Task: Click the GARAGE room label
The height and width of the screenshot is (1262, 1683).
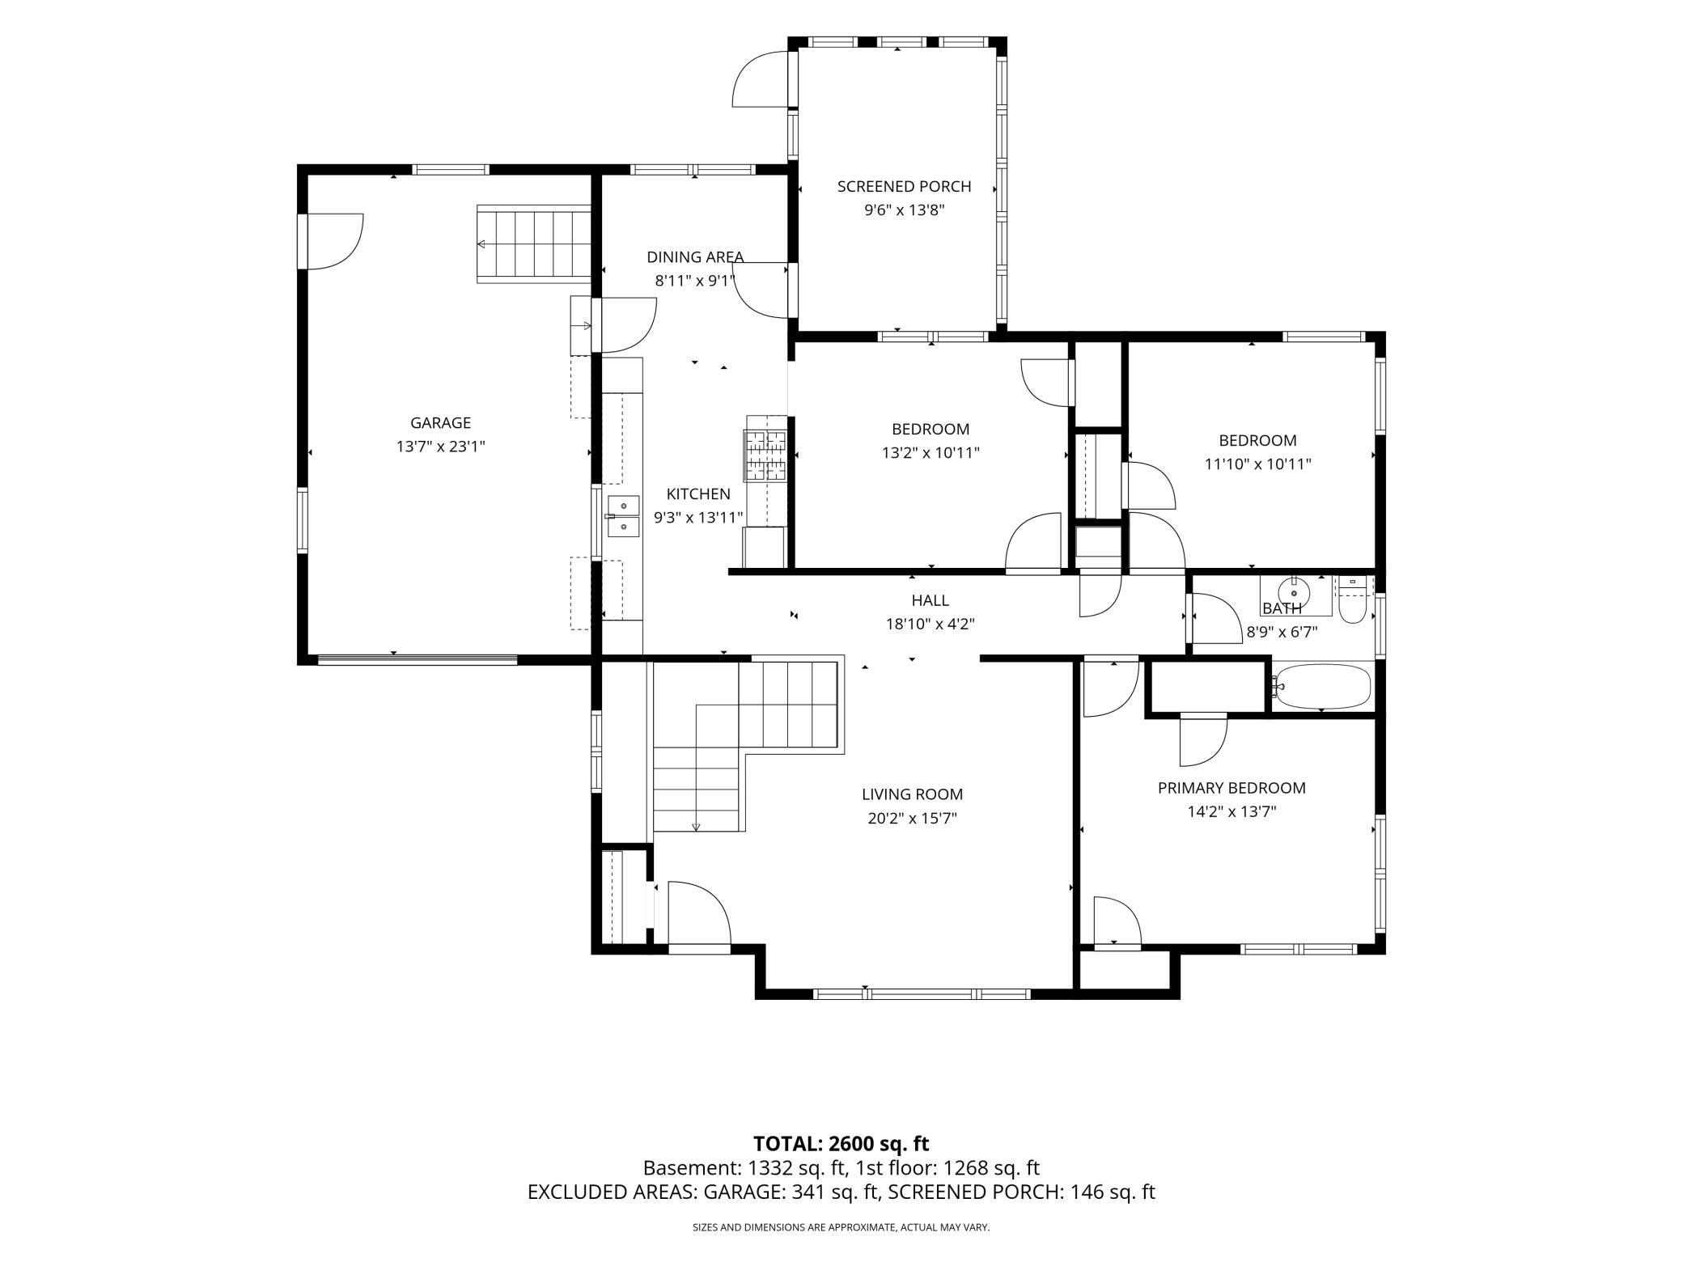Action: tap(440, 422)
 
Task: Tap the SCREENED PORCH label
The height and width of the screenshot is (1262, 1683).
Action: tap(904, 186)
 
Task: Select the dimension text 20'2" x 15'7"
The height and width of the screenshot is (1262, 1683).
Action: tap(912, 818)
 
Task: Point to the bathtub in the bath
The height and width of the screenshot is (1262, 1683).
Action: tap(1321, 687)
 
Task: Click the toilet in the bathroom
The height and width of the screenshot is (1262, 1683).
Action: tap(1352, 599)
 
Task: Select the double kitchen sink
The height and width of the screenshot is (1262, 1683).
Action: tap(623, 516)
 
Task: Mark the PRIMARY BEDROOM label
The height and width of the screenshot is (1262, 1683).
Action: tap(1232, 788)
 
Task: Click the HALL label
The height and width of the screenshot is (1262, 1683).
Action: tap(930, 600)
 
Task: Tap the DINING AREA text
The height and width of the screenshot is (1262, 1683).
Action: tap(695, 257)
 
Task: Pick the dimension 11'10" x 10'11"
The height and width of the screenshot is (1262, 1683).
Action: tap(1258, 464)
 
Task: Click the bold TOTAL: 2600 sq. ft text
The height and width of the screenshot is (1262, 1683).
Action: tap(841, 1144)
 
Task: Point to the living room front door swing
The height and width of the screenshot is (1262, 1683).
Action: tap(700, 913)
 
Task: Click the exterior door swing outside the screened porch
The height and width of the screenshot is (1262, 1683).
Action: tap(760, 78)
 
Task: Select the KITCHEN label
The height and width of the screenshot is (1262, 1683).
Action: tap(698, 493)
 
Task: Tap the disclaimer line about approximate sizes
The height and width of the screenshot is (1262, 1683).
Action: tap(841, 1227)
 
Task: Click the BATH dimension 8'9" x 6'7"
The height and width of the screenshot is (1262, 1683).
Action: tap(1282, 632)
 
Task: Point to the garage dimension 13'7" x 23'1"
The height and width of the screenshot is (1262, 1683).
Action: tap(440, 446)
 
